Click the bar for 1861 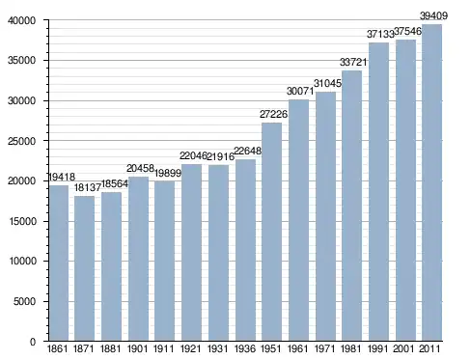[59, 263]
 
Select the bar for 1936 [245, 250]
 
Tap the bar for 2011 [431, 182]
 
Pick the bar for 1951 [272, 232]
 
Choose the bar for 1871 [84, 268]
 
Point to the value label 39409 [433, 15]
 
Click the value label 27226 [273, 114]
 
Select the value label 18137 [88, 187]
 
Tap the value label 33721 [353, 62]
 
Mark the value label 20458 [140, 168]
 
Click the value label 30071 [300, 91]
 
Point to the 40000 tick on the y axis [21, 20]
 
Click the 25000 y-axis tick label [21, 141]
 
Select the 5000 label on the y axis [25, 301]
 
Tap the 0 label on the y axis [33, 342]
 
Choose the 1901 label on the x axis [137, 348]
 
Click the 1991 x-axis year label [377, 348]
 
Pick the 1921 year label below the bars [191, 348]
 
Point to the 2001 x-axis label [403, 348]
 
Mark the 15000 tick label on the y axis [21, 221]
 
